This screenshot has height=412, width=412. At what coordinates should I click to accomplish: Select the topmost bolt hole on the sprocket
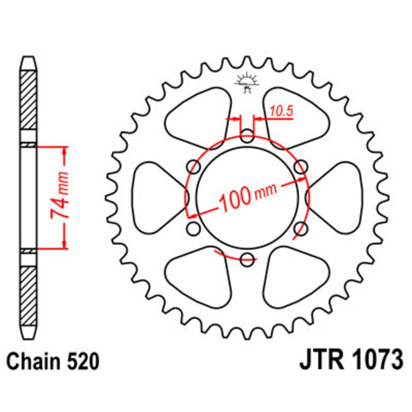pyautogui.click(x=248, y=137)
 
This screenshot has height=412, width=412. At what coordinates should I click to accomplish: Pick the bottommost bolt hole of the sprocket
pyautogui.click(x=248, y=259)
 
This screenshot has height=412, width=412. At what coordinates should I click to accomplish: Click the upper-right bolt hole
pyautogui.click(x=301, y=166)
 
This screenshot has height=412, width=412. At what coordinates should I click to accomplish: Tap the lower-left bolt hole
pyautogui.click(x=194, y=228)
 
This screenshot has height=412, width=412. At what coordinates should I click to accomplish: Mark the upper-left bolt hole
pyautogui.click(x=195, y=166)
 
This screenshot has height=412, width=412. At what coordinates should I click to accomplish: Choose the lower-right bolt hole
pyautogui.click(x=301, y=229)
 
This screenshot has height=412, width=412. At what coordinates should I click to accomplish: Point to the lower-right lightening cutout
pyautogui.click(x=294, y=276)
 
